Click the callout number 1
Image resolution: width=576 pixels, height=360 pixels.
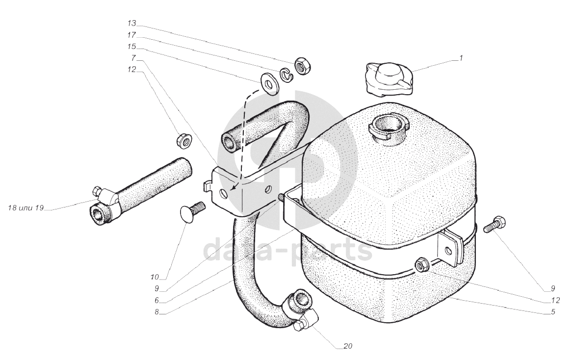pyautogui.click(x=461, y=58)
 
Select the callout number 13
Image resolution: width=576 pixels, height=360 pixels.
pyautogui.click(x=131, y=24)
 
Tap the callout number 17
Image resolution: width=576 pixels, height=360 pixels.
pyautogui.click(x=131, y=35)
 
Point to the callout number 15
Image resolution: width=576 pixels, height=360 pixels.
pyautogui.click(x=131, y=47)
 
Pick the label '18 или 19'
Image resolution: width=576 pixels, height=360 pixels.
pyautogui.click(x=26, y=208)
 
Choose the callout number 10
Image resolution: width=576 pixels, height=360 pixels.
pyautogui.click(x=154, y=277)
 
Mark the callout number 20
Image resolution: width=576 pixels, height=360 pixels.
pyautogui.click(x=348, y=346)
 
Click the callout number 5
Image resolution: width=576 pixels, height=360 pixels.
pyautogui.click(x=553, y=312)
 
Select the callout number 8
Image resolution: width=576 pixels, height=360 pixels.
pyautogui.click(x=157, y=312)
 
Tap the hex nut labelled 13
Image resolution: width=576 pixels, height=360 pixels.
pyautogui.click(x=303, y=65)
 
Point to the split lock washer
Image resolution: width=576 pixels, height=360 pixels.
pyautogui.click(x=286, y=75)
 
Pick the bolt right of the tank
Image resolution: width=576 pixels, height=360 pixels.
pyautogui.click(x=494, y=224)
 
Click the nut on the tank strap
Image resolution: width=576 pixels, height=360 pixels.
pyautogui.click(x=421, y=265)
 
